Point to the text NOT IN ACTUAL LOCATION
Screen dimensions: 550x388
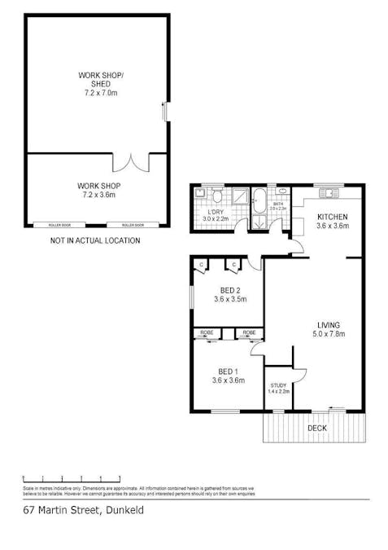pos(95,241)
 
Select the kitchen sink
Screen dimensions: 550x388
pos(330,192)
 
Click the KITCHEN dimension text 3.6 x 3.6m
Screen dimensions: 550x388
pos(332,226)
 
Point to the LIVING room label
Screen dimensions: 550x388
pos(328,326)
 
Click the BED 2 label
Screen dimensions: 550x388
pos(229,290)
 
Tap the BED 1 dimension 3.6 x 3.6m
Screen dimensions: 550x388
pos(228,380)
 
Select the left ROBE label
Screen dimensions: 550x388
pos(207,332)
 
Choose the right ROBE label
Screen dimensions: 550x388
pos(248,332)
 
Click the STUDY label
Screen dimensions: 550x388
pos(278,385)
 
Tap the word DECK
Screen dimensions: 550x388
pos(317,428)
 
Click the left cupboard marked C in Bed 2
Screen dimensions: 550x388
pos(201,264)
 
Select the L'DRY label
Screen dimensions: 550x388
pos(216,212)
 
